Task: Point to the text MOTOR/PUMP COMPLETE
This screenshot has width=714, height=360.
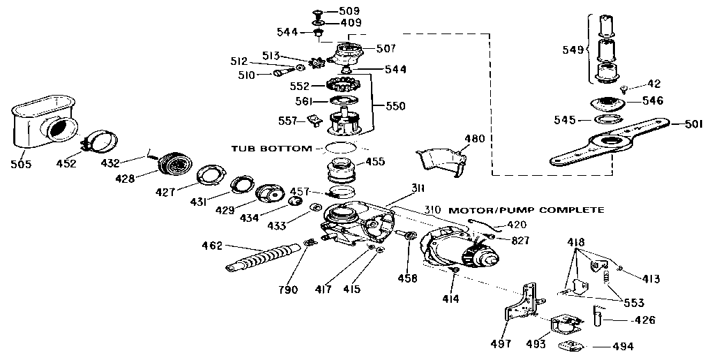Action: [526, 209]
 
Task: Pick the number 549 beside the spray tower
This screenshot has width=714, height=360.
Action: [572, 50]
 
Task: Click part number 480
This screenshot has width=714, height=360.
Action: [474, 138]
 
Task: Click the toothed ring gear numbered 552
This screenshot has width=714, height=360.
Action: [342, 88]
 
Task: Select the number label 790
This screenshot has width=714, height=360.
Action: [288, 290]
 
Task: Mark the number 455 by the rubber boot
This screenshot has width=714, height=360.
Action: [375, 161]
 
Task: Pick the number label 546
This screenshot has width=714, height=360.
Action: [652, 100]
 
